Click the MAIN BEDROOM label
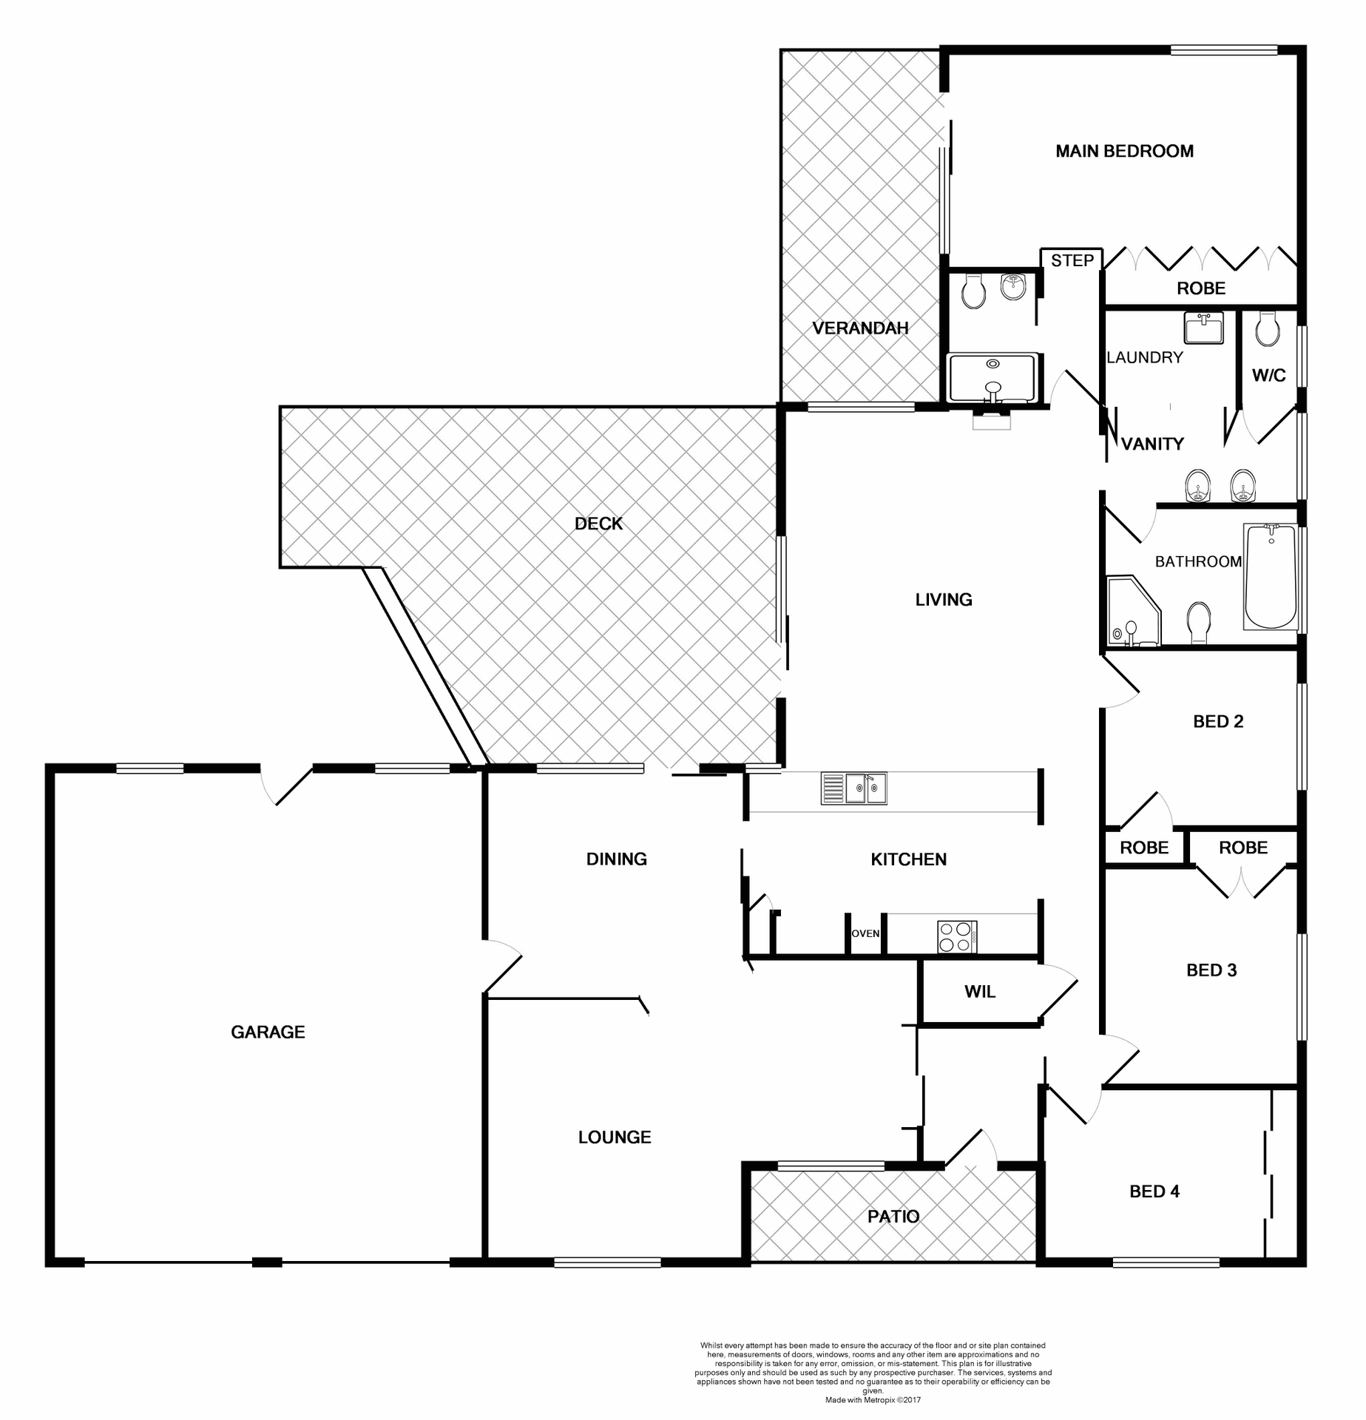click(x=1124, y=152)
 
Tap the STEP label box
click(x=1072, y=260)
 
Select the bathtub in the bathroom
click(x=1271, y=576)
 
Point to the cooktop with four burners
click(x=956, y=937)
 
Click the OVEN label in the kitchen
click(x=865, y=934)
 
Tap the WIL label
click(x=979, y=992)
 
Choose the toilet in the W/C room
click(x=1268, y=329)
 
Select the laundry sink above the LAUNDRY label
click(x=1203, y=328)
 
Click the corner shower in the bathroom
click(x=1132, y=614)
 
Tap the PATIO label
click(x=893, y=1217)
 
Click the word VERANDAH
click(x=860, y=328)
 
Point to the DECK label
click(x=598, y=524)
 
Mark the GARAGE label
click(x=268, y=1032)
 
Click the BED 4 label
click(x=1154, y=1191)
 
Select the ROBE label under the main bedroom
click(x=1201, y=288)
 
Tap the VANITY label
click(x=1152, y=444)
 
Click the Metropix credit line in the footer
click(x=873, y=1400)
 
